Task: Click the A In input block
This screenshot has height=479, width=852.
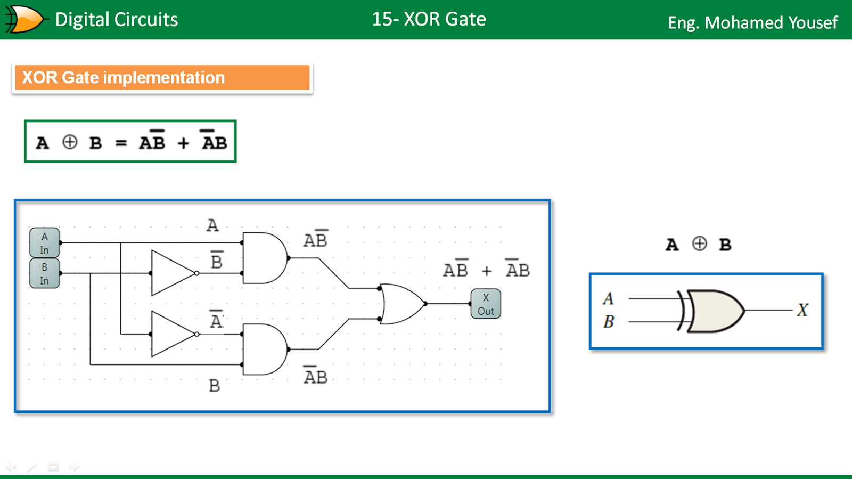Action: pyautogui.click(x=44, y=243)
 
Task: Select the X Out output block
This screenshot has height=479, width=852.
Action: pyautogui.click(x=486, y=304)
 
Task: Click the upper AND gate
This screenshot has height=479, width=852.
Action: pyautogui.click(x=264, y=258)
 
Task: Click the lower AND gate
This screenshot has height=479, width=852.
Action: pyautogui.click(x=264, y=350)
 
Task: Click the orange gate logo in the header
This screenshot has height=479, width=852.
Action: pyautogui.click(x=24, y=20)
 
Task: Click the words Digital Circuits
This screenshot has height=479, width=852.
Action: pyautogui.click(x=117, y=20)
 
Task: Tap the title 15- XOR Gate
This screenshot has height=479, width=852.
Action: pyautogui.click(x=429, y=19)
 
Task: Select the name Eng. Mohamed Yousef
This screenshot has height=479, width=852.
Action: pyautogui.click(x=752, y=22)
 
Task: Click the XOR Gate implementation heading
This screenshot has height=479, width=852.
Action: pyautogui.click(x=124, y=78)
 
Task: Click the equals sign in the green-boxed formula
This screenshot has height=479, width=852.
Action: pyautogui.click(x=121, y=143)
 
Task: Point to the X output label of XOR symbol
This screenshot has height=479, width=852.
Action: pyautogui.click(x=802, y=310)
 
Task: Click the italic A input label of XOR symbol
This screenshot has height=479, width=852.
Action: pyautogui.click(x=608, y=298)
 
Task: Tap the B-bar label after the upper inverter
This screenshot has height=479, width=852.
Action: pyautogui.click(x=217, y=261)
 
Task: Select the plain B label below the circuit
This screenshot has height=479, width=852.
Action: pyautogui.click(x=214, y=386)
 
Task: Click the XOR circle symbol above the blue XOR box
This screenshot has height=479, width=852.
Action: pyautogui.click(x=699, y=244)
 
